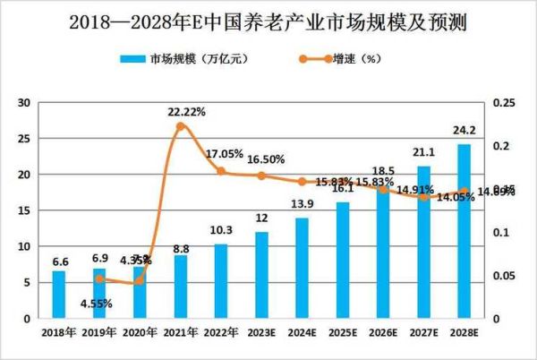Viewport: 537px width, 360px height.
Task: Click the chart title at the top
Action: pyautogui.click(x=268, y=21)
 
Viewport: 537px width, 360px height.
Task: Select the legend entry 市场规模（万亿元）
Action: pyautogui.click(x=193, y=59)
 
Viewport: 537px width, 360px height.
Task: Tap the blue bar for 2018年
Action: pyautogui.click(x=58, y=294)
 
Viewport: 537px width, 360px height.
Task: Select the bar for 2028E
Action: pyautogui.click(x=464, y=231)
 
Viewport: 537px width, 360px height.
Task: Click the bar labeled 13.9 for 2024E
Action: pyautogui.click(x=302, y=268)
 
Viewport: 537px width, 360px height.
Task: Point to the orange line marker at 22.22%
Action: pyautogui.click(x=180, y=126)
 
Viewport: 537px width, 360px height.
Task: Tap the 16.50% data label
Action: pyautogui.click(x=265, y=159)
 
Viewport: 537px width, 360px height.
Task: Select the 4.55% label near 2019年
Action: pyautogui.click(x=94, y=303)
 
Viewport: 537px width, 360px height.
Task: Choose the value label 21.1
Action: pyautogui.click(x=423, y=150)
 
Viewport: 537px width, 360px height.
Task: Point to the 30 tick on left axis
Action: pyautogui.click(x=25, y=103)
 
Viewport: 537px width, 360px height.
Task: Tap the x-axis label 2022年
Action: pyautogui.click(x=220, y=331)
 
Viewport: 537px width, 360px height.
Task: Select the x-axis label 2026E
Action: pyautogui.click(x=382, y=331)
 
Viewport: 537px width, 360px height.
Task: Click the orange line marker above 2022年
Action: pyautogui.click(x=221, y=171)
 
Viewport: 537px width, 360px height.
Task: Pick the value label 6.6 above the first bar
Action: pyautogui.click(x=59, y=261)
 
